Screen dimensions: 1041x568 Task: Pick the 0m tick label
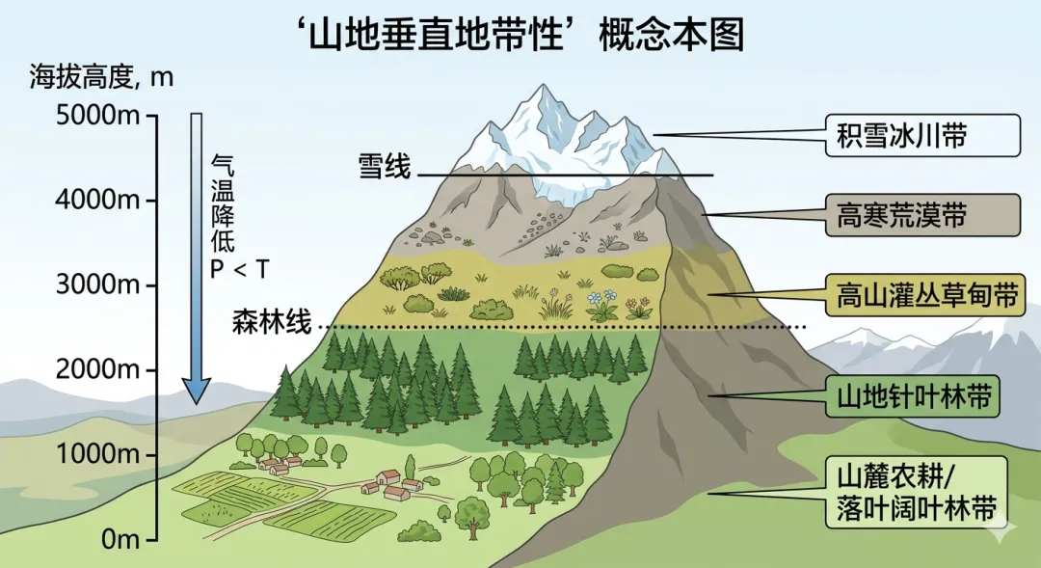click(116, 538)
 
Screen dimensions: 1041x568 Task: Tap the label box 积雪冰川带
click(922, 136)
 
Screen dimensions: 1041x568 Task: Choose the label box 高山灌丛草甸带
click(922, 294)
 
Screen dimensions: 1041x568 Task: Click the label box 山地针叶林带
click(922, 395)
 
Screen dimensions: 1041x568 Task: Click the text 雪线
click(384, 167)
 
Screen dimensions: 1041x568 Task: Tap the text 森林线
click(272, 322)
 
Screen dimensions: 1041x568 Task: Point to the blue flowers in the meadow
click(601, 301)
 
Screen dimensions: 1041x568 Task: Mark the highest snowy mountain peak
click(545, 90)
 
